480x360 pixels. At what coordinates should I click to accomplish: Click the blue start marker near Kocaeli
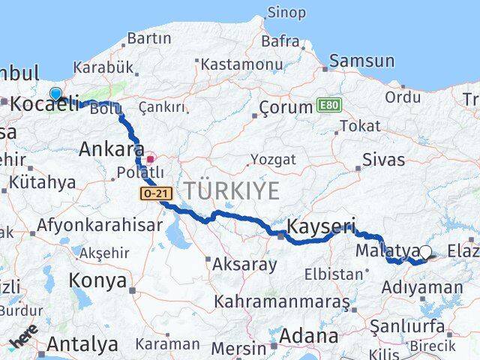tap(55, 94)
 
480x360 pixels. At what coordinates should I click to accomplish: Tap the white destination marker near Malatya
tap(426, 252)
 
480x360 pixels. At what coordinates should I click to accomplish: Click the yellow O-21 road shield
tap(155, 193)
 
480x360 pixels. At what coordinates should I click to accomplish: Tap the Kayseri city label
tap(322, 226)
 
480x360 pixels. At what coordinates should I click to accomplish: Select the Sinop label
tap(286, 13)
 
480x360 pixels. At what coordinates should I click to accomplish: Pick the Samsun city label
tap(356, 60)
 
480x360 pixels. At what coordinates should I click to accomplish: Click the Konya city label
tap(97, 281)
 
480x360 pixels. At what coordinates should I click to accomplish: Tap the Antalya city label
tap(82, 344)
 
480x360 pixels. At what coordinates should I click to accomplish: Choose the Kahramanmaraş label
tap(281, 302)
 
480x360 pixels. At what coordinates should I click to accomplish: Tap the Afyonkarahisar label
tap(99, 225)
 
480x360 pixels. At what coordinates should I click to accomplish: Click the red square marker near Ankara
tap(151, 158)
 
